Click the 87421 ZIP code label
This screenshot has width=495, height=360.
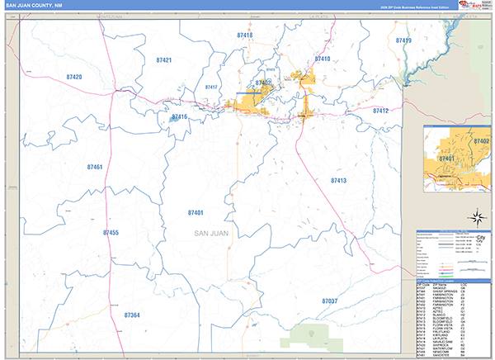[x=163, y=60]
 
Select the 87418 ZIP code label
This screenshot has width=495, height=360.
[x=244, y=36]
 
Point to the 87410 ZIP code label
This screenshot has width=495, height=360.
[x=322, y=59]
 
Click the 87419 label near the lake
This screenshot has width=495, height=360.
[x=403, y=40]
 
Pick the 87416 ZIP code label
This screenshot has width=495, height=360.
[x=180, y=117]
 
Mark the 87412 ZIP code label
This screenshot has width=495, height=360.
[x=380, y=110]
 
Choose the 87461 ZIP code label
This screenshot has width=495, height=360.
[x=95, y=167]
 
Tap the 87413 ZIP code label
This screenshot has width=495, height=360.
[x=338, y=180]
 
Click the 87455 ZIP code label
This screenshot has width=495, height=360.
[x=111, y=233]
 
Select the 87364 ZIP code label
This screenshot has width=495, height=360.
[x=132, y=315]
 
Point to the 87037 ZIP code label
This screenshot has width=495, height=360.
[x=330, y=301]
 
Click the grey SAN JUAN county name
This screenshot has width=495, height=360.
[x=210, y=233]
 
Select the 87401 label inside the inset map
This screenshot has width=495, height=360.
[x=446, y=158]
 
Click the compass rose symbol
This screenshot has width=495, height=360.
[x=476, y=218]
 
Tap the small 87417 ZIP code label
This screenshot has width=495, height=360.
[x=211, y=87]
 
